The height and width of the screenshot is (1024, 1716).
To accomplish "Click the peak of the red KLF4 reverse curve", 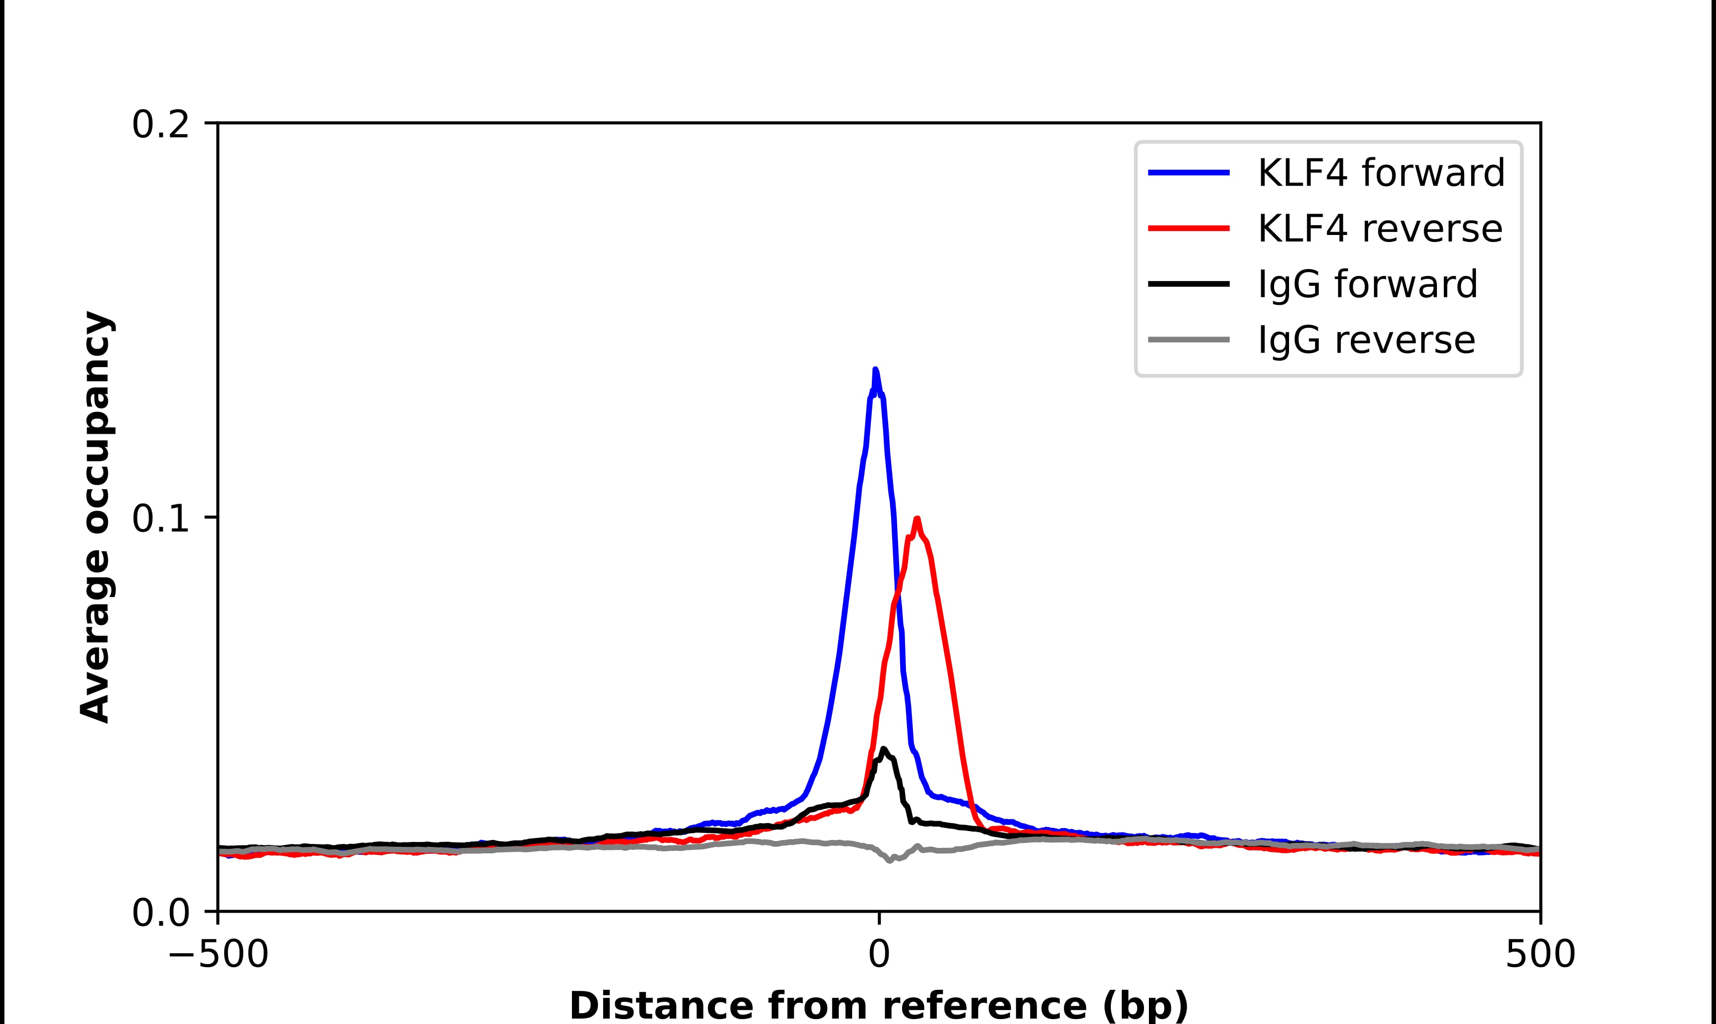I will tap(917, 519).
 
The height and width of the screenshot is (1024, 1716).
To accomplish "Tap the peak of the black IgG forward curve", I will tap(883, 749).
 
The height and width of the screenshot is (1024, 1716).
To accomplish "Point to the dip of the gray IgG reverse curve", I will tap(890, 860).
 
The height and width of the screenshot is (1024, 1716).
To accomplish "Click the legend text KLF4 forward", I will tap(1381, 173).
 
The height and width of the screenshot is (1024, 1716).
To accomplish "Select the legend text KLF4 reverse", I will tap(1380, 229).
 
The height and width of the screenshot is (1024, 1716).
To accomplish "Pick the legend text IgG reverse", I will tap(1366, 340).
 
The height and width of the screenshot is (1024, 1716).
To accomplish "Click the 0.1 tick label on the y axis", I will tap(160, 518).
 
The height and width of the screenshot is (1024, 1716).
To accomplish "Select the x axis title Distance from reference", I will tap(878, 1005).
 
